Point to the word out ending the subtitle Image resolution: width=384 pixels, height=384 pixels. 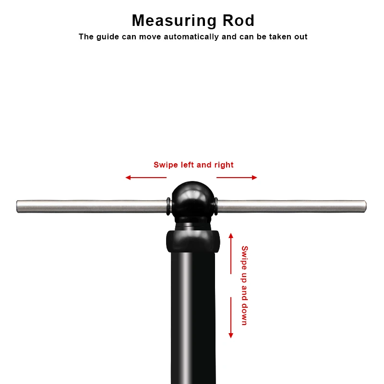pos(300,36)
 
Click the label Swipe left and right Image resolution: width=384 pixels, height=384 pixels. pos(193,165)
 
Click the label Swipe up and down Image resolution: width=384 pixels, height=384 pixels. pos(244,286)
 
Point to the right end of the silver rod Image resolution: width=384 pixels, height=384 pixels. pos(365,206)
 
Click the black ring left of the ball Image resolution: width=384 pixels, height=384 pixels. pos(168,206)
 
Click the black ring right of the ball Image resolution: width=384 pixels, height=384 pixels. pos(216,206)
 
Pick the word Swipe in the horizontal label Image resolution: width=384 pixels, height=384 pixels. pos(165,165)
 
